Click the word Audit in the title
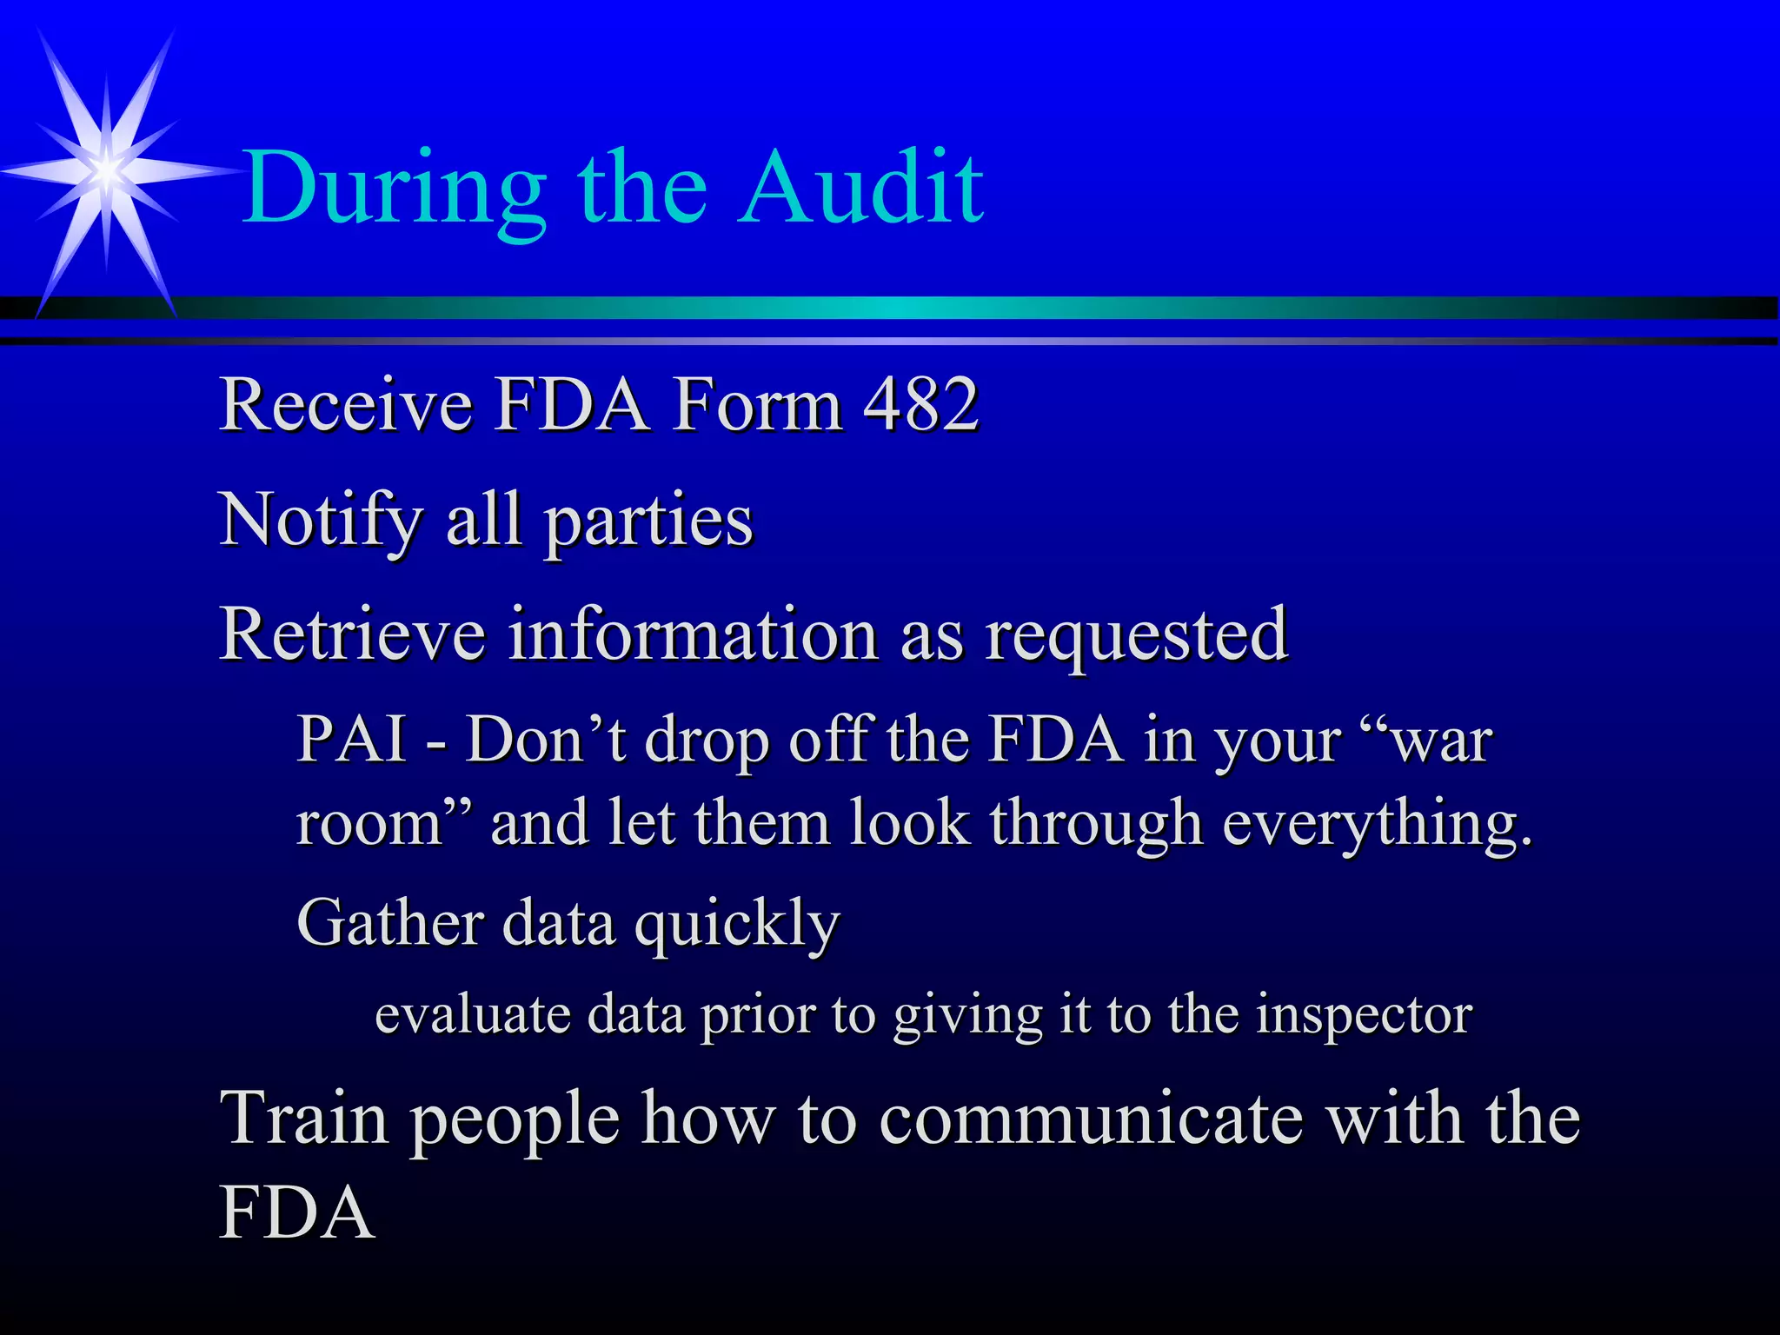click(862, 187)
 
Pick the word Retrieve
click(352, 634)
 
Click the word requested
click(1136, 637)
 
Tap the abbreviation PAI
click(352, 739)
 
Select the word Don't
click(545, 739)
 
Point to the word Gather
click(389, 922)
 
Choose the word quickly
click(737, 925)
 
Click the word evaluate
click(472, 1014)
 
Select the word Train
click(303, 1119)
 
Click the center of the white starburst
click(106, 170)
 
